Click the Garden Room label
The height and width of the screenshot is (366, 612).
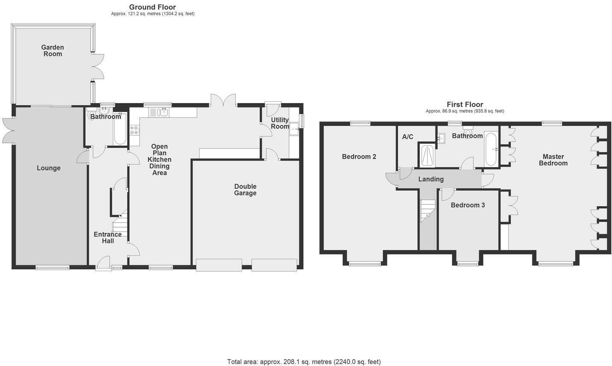click(53, 50)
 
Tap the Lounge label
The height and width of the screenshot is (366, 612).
click(48, 168)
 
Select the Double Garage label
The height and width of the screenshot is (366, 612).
click(245, 189)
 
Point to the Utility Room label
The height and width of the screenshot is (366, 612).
click(280, 123)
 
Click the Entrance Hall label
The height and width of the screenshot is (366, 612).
click(108, 237)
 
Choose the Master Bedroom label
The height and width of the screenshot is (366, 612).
click(553, 159)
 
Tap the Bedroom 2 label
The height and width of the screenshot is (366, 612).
click(359, 156)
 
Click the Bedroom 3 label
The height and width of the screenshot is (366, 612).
click(468, 205)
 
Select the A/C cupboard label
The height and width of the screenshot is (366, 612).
click(408, 137)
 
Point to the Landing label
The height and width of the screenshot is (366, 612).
click(431, 179)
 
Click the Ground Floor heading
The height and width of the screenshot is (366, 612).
click(152, 7)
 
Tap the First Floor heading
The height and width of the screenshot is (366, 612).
click(465, 104)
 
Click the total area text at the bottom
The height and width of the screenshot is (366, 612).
click(304, 362)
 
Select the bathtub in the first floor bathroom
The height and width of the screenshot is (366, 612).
click(491, 149)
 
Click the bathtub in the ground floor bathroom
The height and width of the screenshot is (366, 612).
click(119, 128)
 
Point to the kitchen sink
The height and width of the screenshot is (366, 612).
click(159, 112)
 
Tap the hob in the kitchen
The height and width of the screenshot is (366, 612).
click(135, 130)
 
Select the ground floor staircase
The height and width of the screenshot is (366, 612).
click(120, 222)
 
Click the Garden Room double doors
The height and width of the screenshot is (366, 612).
click(97, 66)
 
